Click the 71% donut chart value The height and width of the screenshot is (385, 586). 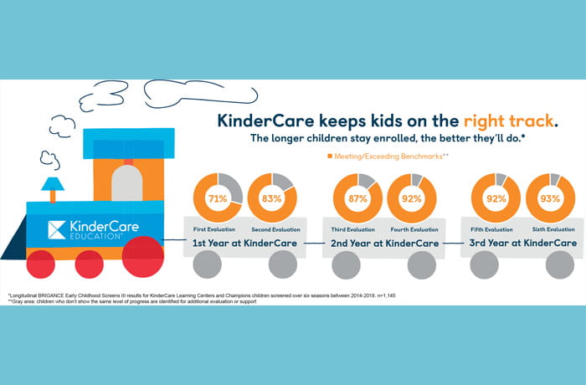[217, 200]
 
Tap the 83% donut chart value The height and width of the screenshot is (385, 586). [272, 200]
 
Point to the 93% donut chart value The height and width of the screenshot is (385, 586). [550, 200]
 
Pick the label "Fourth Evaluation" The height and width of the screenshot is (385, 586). [410, 228]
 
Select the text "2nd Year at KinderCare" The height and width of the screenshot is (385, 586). [383, 244]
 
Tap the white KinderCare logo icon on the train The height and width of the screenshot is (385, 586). [57, 229]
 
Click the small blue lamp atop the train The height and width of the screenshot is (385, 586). [52, 184]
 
